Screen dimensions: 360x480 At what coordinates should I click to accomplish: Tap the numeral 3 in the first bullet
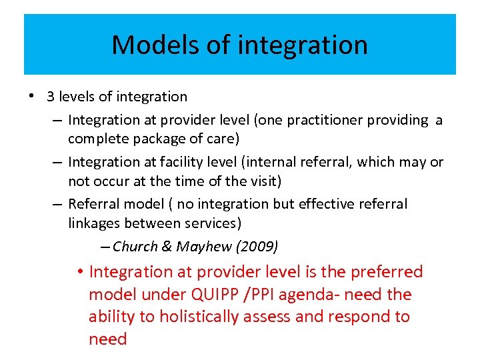click(x=50, y=97)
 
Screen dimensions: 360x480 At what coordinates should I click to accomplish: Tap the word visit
click(x=262, y=182)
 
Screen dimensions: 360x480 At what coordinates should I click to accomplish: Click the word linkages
click(x=93, y=224)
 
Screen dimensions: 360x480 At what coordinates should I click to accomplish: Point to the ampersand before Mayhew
click(x=167, y=247)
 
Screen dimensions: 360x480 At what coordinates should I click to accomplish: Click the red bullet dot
click(x=79, y=272)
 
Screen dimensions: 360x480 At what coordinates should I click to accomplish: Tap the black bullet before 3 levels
click(x=31, y=96)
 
